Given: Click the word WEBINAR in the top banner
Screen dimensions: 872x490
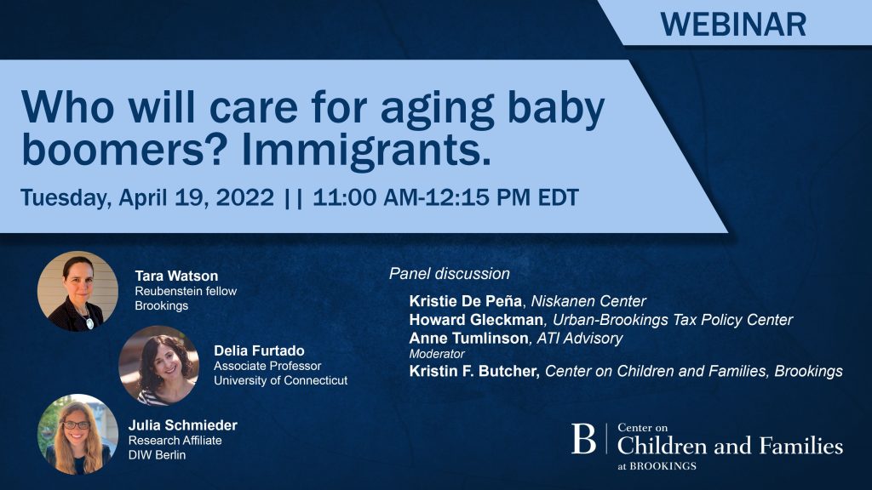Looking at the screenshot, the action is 733,25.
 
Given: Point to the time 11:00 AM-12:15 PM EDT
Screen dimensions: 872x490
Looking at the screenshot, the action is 445,197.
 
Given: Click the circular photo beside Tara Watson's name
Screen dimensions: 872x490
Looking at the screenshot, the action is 77,291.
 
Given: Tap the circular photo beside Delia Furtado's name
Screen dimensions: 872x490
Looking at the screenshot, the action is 159,366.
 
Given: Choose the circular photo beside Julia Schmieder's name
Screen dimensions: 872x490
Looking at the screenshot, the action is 77,434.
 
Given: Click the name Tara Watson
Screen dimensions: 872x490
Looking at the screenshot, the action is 176,276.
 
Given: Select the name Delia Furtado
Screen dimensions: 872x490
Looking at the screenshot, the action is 259,350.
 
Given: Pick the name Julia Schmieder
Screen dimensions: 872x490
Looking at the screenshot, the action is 183,425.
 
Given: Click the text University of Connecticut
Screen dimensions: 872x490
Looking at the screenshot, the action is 281,380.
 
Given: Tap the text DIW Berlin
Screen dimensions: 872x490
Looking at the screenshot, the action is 158,455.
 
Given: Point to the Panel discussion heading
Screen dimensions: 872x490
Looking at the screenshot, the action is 450,273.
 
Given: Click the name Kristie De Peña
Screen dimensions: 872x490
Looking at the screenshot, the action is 466,301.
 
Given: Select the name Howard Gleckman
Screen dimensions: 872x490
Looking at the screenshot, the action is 476,320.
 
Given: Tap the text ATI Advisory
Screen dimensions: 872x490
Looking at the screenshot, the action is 579,338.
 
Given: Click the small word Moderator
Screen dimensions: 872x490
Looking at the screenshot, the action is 437,354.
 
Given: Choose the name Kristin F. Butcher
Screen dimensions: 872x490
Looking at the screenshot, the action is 474,371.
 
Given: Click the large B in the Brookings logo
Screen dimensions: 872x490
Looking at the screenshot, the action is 583,439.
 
